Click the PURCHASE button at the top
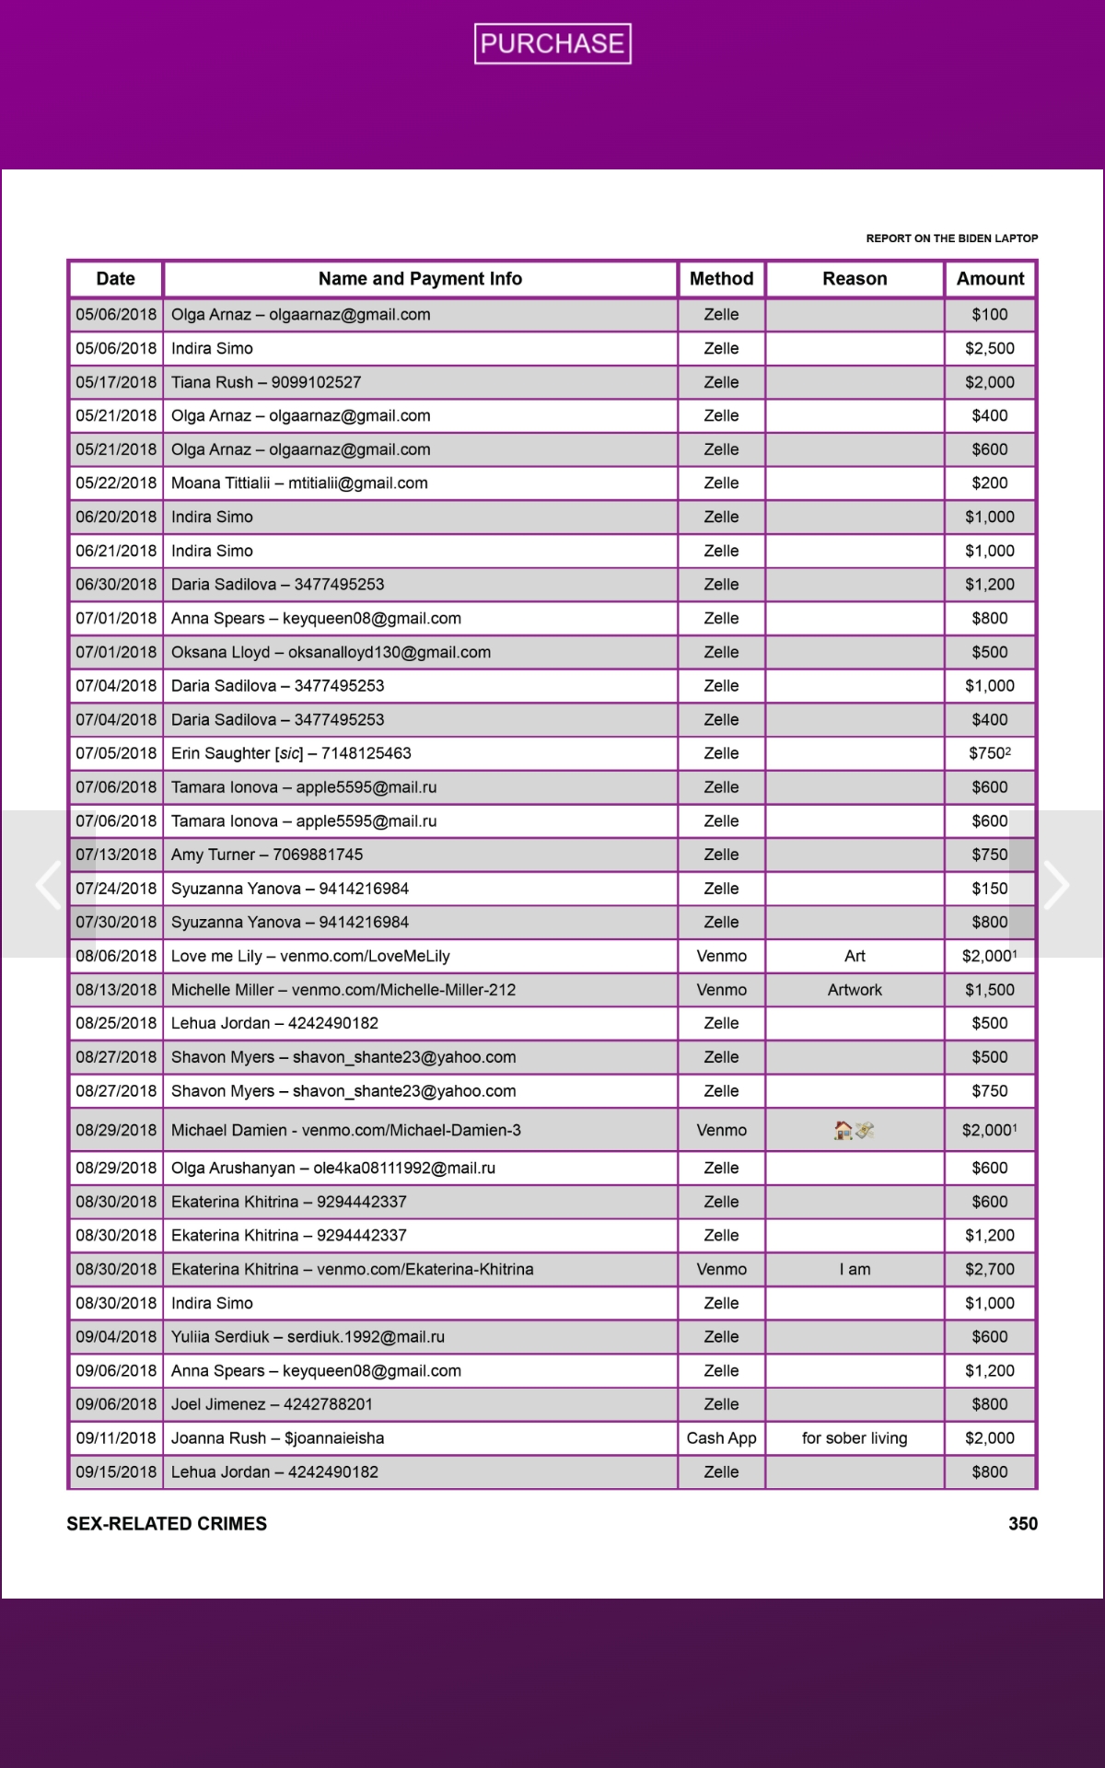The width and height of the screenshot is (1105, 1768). click(552, 43)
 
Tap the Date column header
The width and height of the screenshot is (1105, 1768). click(115, 279)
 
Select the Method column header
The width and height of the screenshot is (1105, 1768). click(721, 279)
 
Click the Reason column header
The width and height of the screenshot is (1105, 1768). click(855, 279)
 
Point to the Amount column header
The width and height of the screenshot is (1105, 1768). click(990, 279)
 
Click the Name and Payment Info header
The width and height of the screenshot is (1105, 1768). click(420, 279)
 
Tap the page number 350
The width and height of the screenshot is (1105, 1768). click(1022, 1524)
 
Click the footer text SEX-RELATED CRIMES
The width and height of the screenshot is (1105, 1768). click(167, 1524)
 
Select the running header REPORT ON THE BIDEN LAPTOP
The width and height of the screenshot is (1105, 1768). click(951, 238)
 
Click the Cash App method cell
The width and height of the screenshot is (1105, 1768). click(721, 1438)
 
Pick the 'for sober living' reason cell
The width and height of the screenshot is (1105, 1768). click(855, 1438)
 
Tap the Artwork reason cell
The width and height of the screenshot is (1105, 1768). click(855, 990)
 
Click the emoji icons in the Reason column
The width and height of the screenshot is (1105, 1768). click(854, 1130)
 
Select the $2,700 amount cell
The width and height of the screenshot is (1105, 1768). click(990, 1269)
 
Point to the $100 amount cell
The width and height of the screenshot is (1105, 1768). click(990, 315)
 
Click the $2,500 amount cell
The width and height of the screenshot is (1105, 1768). click(990, 348)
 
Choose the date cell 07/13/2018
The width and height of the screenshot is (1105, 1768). click(116, 855)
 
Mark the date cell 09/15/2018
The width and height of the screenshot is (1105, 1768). click(116, 1471)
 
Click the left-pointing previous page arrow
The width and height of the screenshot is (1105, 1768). click(47, 885)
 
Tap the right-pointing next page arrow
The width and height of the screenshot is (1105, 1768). click(1056, 885)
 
